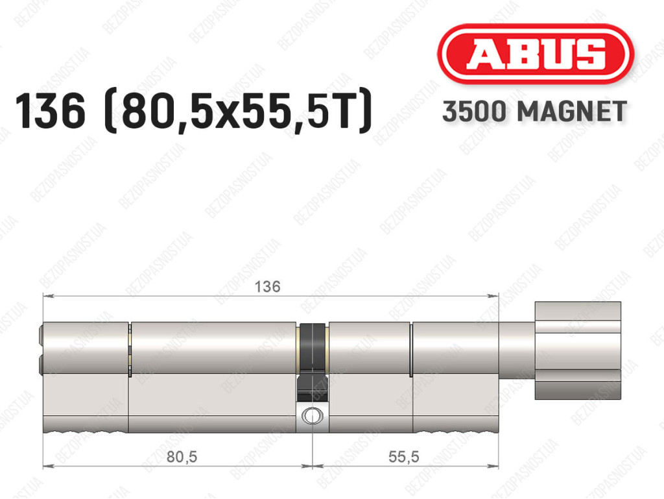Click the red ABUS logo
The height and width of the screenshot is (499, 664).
(x=535, y=54)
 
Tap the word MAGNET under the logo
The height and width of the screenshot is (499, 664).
(x=572, y=112)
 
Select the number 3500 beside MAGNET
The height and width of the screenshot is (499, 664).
(x=474, y=112)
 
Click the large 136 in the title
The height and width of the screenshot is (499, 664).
(x=50, y=111)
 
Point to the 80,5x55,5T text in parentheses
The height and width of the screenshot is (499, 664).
(x=238, y=112)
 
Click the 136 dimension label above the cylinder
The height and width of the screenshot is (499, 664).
(x=267, y=287)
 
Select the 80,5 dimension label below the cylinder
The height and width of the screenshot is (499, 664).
(x=182, y=457)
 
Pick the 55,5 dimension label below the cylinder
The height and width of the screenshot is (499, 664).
(x=403, y=457)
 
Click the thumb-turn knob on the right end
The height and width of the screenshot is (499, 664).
(x=578, y=350)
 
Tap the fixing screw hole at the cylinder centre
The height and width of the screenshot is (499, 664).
(x=312, y=415)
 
